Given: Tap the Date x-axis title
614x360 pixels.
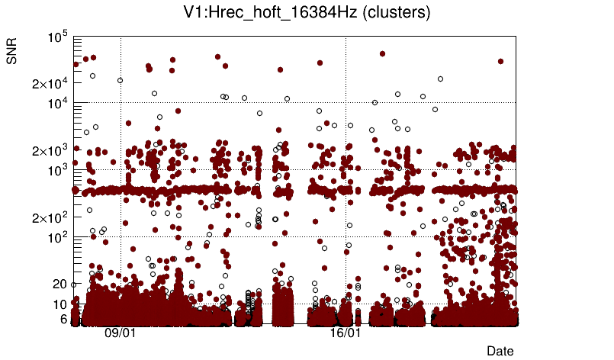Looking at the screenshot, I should [x=500, y=351].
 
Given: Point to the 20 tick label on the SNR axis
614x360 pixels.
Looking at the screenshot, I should [x=60, y=284].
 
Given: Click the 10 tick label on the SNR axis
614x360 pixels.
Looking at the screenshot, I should [x=60, y=304].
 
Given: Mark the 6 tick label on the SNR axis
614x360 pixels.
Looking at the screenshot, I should [x=64, y=319].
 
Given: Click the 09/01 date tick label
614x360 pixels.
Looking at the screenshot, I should [x=121, y=334].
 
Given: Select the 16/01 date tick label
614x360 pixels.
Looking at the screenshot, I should [x=346, y=334].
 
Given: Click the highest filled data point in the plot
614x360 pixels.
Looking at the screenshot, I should [x=382, y=54].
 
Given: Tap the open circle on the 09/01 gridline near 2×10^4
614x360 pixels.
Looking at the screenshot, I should [x=120, y=80].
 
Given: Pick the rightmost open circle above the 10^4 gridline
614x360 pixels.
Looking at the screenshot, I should [x=440, y=79].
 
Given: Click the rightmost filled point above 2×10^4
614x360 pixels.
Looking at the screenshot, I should [x=500, y=61].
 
